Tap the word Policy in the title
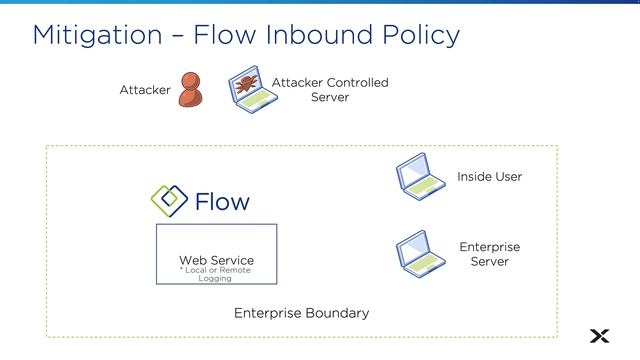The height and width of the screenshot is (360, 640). coord(411,35)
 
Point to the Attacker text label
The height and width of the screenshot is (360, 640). coord(145,90)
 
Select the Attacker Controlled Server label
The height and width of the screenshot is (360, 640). coord(330,89)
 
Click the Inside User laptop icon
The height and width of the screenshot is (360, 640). coord(420,174)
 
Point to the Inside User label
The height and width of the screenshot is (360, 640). coord(489,176)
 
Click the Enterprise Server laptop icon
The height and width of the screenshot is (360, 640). coord(420,253)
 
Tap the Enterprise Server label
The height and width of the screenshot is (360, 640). coord(489,254)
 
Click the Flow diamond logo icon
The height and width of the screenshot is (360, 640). coord(168,200)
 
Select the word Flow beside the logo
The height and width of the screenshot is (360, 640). coord(221,202)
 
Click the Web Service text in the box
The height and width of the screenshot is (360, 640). coord(216,260)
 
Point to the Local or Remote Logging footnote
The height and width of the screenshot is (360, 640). coord(215,274)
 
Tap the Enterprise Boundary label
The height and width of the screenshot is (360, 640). coord(301,313)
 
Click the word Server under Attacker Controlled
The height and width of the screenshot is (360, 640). coord(330,97)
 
